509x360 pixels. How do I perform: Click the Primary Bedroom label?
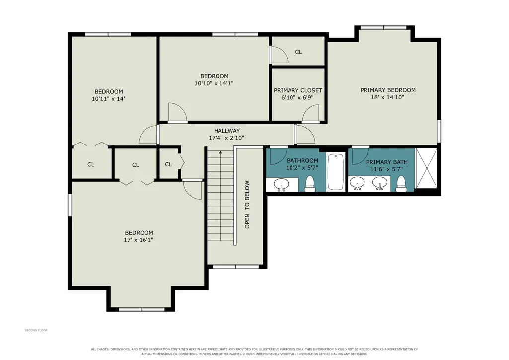pyautogui.click(x=388, y=90)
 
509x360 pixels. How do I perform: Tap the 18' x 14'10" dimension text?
pyautogui.click(x=388, y=97)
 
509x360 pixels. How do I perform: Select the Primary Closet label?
pyautogui.click(x=297, y=90)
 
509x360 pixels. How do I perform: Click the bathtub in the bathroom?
pyautogui.click(x=336, y=171)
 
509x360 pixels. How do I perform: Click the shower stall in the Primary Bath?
pyautogui.click(x=426, y=168)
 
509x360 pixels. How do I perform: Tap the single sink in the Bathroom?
pyautogui.click(x=281, y=185)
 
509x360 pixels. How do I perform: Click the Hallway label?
pyautogui.click(x=227, y=131)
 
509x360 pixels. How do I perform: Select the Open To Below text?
pyautogui.click(x=247, y=205)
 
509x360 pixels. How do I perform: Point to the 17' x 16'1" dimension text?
pyautogui.click(x=139, y=240)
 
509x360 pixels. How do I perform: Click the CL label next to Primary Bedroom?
pyautogui.click(x=298, y=52)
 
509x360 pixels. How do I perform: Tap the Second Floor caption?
pyautogui.click(x=36, y=330)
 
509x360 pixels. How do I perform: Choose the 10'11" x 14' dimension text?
pyautogui.click(x=108, y=99)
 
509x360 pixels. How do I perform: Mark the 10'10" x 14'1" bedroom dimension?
pyautogui.click(x=214, y=83)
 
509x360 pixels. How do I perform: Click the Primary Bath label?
pyautogui.click(x=387, y=162)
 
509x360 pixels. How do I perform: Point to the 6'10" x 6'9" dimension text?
pyautogui.click(x=297, y=97)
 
